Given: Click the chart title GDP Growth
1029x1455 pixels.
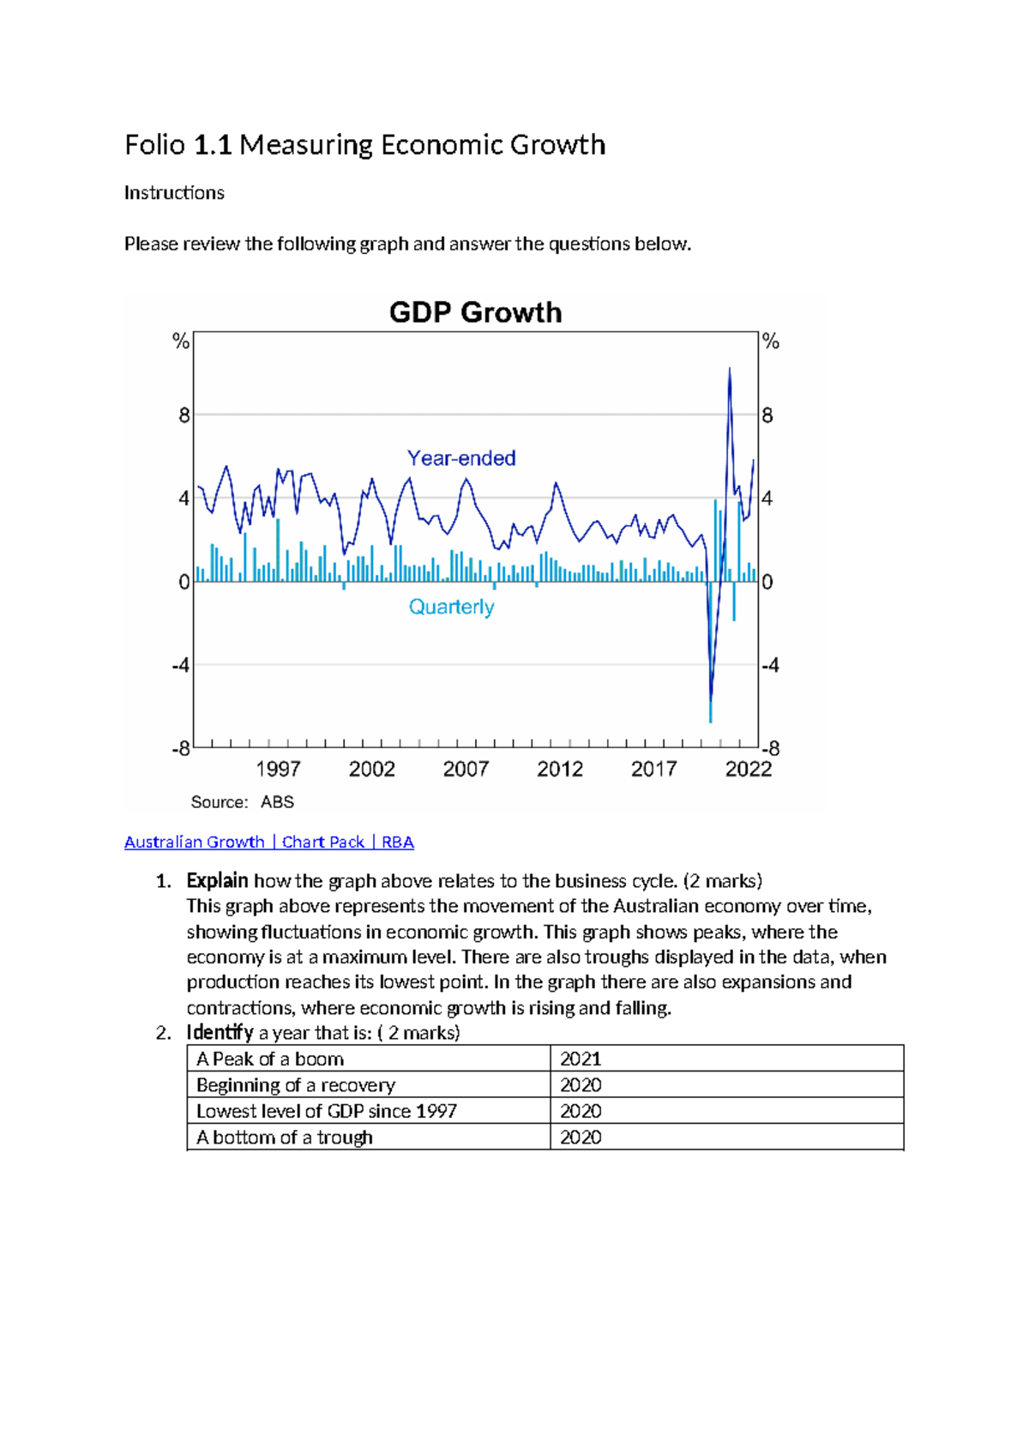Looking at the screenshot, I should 475,312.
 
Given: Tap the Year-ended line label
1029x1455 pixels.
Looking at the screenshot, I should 461,458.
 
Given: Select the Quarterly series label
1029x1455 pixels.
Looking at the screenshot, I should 451,607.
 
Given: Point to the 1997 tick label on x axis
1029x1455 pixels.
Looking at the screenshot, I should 278,769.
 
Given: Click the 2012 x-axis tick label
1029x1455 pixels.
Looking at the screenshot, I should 560,769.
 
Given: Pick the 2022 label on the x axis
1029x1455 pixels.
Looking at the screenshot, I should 748,769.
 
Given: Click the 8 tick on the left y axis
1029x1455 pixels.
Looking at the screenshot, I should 184,416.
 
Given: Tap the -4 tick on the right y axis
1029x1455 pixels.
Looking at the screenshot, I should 769,665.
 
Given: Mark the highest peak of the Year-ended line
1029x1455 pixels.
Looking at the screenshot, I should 729,370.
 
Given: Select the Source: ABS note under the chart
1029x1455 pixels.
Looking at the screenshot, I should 242,802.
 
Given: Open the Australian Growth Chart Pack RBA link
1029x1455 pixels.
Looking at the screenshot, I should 268,842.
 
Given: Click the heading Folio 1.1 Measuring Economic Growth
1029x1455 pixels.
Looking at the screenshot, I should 364,144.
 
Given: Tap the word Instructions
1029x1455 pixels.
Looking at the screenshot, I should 174,192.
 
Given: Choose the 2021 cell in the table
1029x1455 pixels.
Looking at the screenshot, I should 581,1059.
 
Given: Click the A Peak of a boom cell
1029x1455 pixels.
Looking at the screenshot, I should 270,1059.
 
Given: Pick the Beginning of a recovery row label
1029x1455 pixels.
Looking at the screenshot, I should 296,1085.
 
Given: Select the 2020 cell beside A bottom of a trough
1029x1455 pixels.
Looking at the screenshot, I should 581,1137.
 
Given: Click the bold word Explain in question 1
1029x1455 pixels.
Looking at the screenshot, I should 217,881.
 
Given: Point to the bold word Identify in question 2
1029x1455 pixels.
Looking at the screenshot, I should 220,1032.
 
